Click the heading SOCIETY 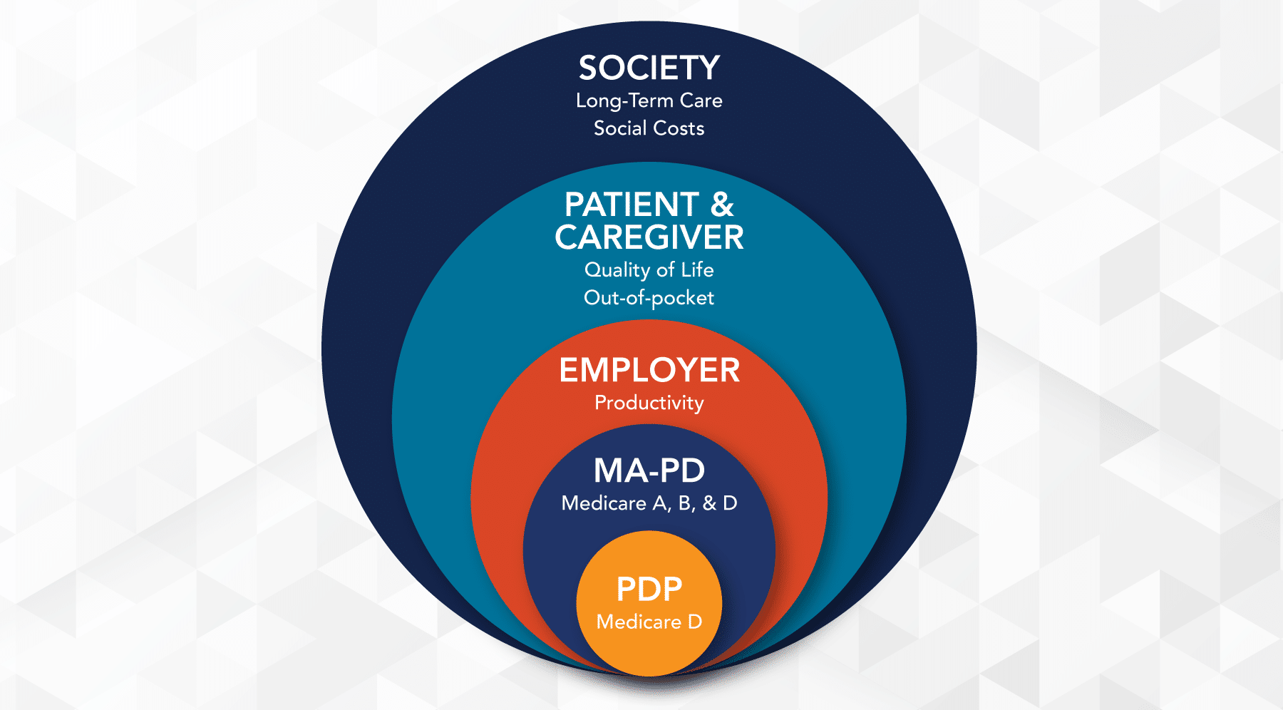coord(649,68)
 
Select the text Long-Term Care coord(649,101)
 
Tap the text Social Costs coord(649,128)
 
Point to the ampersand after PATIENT coord(721,205)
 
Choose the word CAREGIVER coord(649,237)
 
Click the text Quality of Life coord(649,270)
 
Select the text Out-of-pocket coord(649,298)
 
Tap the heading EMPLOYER coord(649,371)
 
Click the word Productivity coord(649,403)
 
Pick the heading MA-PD coord(649,471)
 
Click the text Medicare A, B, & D coord(649,503)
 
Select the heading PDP coord(649,590)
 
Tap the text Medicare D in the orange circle coord(649,622)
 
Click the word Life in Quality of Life coord(697,270)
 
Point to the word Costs coord(678,128)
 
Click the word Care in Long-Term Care coord(701,101)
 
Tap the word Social coord(620,128)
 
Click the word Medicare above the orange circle coord(604,503)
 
